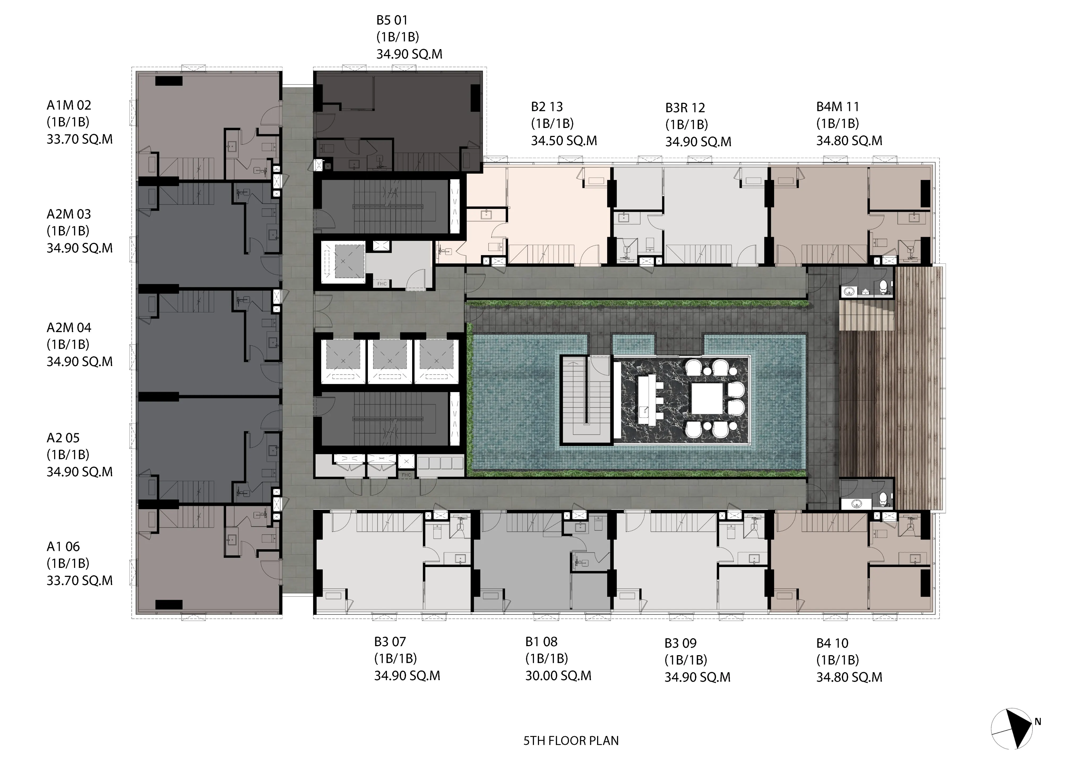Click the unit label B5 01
pos(392,20)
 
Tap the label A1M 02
pos(69,105)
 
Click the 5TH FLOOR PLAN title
pos(571,741)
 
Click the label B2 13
pos(547,107)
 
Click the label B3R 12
pos(685,108)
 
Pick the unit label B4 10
pos(832,643)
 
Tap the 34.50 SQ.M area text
pos(564,141)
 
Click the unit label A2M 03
pos(69,214)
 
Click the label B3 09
pos(680,643)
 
